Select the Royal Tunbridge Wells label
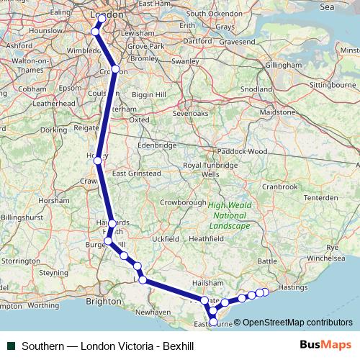210,169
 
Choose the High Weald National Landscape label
229,215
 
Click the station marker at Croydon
115,69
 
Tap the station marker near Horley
98,161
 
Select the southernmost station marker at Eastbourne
213,322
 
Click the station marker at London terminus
102,18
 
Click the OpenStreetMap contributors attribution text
297,323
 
